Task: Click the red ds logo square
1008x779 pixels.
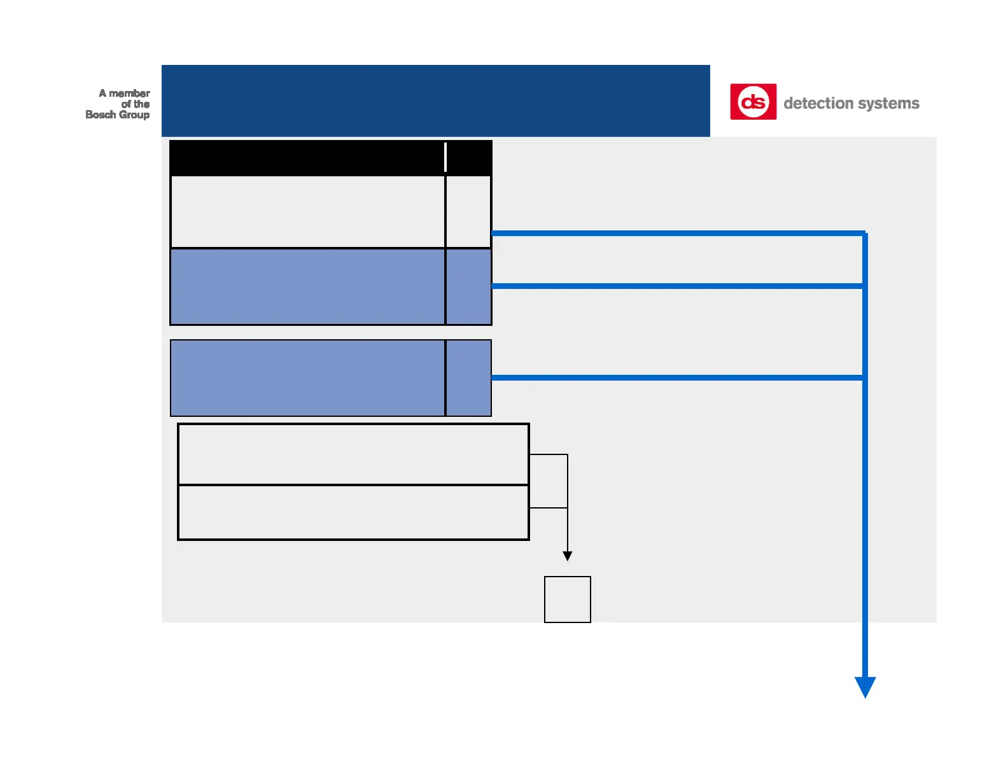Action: coord(753,102)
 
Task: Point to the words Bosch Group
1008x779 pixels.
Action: coord(117,115)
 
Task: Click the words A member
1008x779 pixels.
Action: coord(124,94)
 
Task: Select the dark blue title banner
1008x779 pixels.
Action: coord(435,101)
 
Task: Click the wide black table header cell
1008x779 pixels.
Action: coord(307,158)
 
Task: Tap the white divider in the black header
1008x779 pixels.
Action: coord(445,157)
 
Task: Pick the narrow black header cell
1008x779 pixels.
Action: coord(468,158)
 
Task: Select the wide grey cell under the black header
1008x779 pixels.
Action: coord(308,211)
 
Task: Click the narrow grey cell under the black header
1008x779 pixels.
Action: coord(468,211)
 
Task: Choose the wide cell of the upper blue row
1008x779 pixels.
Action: coord(307,287)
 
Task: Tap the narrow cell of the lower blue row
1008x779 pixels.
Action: coord(468,377)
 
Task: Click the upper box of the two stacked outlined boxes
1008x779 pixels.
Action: coord(353,454)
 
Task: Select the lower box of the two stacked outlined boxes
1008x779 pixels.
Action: coord(353,512)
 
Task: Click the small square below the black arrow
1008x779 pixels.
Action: coord(568,600)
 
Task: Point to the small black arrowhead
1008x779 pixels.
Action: coord(568,556)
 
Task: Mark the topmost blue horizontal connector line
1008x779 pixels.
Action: coord(678,234)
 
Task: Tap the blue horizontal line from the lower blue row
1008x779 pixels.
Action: coord(677,377)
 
